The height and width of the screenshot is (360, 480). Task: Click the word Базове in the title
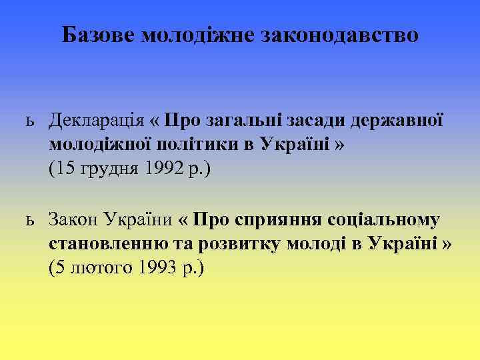tap(99, 35)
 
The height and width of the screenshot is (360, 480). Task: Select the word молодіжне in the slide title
tap(197, 35)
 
